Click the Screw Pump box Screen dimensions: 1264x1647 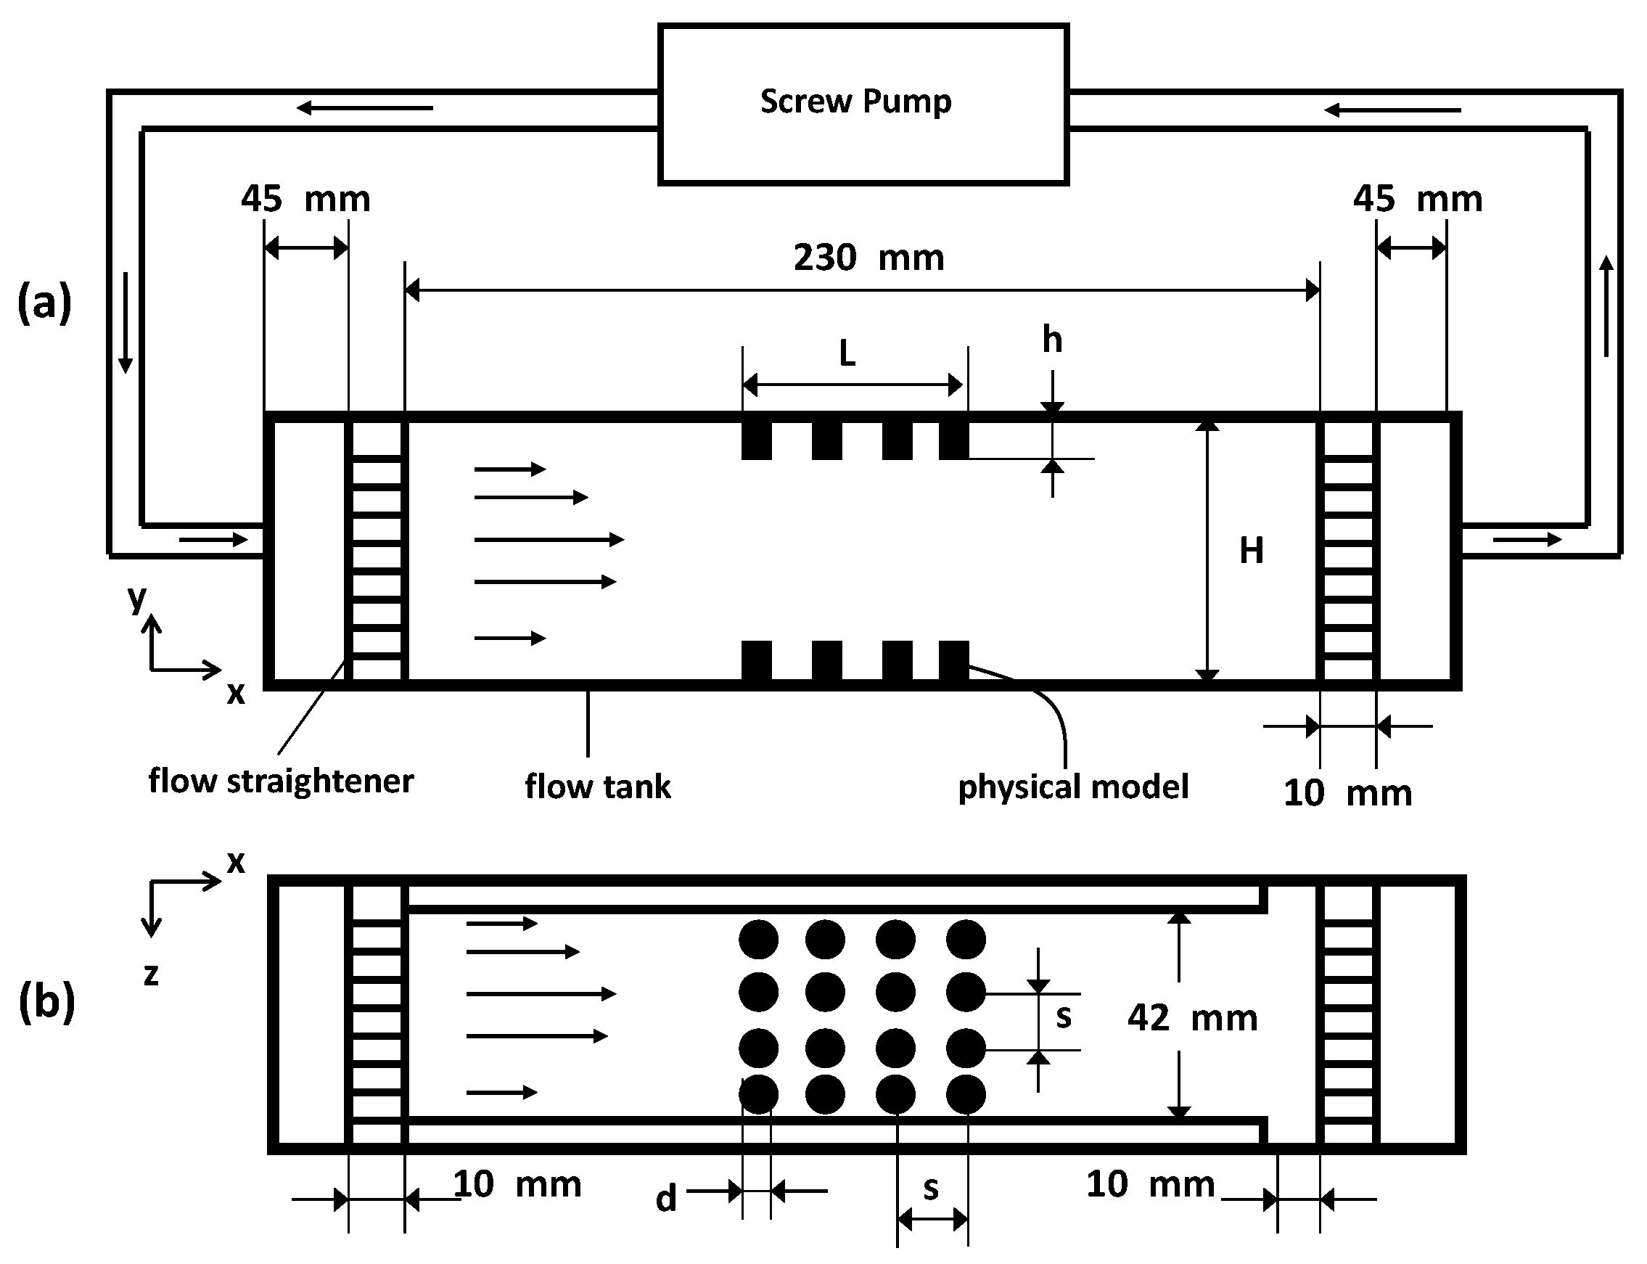point(863,104)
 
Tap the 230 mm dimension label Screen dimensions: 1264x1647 point(868,258)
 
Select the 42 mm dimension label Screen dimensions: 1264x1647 point(1192,1018)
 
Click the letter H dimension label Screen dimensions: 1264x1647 point(1252,551)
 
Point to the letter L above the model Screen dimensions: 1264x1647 point(847,353)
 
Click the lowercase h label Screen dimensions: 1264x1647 point(1052,340)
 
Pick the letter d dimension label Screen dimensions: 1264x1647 point(666,1198)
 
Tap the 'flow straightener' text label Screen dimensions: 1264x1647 point(281,781)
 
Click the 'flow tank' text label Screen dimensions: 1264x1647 point(597,787)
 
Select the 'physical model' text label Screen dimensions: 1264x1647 point(1073,787)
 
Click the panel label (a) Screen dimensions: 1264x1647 point(44,302)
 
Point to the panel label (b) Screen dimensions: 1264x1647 point(46,1001)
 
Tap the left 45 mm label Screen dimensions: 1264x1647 point(305,200)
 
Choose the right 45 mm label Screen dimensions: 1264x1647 point(1418,200)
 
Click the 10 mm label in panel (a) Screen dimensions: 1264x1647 point(1347,793)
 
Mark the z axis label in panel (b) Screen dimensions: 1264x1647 point(151,974)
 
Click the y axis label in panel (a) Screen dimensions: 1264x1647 point(137,598)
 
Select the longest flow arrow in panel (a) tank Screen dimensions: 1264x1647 point(549,538)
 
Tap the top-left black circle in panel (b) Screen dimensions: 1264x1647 point(758,939)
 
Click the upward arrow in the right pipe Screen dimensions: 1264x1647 point(1606,305)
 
